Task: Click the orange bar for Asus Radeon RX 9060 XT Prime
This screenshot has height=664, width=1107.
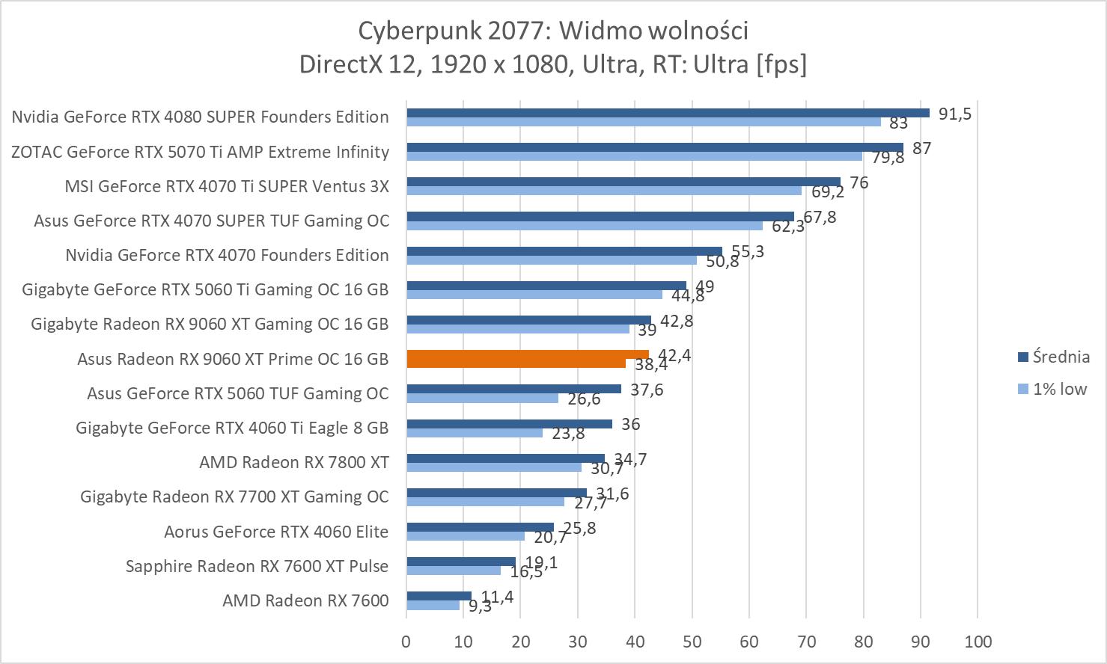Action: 527,355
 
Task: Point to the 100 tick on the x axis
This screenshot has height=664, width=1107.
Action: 978,641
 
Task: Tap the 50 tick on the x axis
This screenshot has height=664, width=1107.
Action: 692,641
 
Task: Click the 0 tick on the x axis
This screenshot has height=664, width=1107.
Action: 406,641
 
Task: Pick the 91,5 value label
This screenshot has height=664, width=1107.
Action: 954,114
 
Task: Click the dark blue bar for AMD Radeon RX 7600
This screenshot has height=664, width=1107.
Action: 439,596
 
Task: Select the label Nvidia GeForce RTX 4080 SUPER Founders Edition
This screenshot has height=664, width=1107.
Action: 200,117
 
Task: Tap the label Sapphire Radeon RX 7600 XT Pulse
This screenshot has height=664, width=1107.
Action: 257,566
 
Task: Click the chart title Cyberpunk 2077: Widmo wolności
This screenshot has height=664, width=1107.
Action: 553,31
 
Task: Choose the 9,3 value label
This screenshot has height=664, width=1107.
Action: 481,606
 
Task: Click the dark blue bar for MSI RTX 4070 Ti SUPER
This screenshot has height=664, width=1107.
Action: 623,182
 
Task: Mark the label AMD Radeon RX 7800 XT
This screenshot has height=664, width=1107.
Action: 293,462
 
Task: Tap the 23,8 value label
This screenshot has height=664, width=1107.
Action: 568,434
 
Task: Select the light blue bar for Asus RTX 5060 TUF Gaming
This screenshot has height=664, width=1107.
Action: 482,398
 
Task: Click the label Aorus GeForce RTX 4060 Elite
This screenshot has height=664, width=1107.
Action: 276,532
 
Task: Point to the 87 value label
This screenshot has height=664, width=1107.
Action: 921,148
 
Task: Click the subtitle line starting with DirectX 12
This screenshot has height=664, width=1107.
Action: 553,64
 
